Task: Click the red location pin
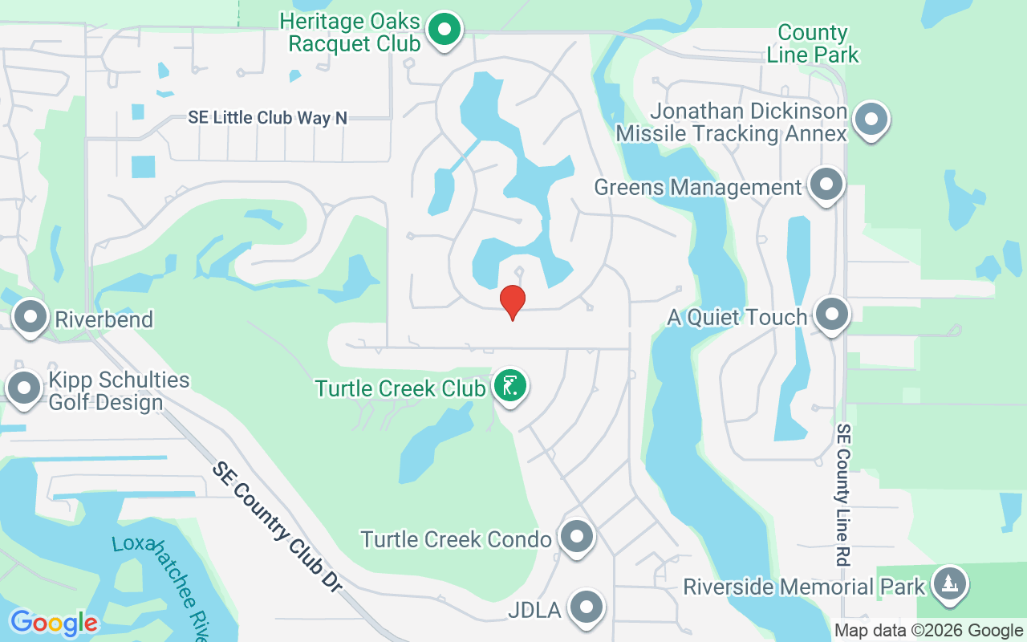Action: click(x=513, y=301)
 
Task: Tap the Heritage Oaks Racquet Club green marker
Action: click(x=442, y=30)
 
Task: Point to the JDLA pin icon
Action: click(x=586, y=607)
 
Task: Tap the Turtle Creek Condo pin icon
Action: click(x=575, y=537)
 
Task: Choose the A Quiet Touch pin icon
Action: click(x=831, y=314)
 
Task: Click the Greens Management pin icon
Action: click(x=826, y=185)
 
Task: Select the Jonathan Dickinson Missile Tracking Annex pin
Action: click(x=871, y=120)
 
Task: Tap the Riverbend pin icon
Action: click(x=30, y=316)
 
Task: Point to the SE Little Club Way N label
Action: click(x=268, y=118)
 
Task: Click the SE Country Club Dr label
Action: click(x=278, y=526)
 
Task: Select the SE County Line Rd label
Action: click(x=843, y=495)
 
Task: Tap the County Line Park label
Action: click(x=813, y=43)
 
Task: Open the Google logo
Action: click(x=54, y=622)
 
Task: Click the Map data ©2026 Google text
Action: click(x=928, y=631)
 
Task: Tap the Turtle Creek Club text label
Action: click(x=400, y=388)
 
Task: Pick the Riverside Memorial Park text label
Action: click(x=804, y=587)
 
